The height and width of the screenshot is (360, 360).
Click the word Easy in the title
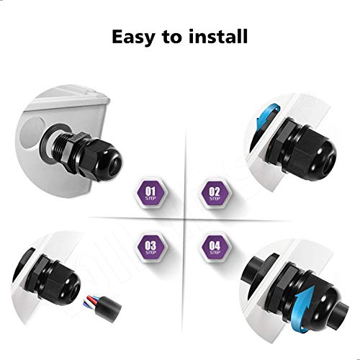tap(137, 37)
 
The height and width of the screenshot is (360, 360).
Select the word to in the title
tap(175, 37)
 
